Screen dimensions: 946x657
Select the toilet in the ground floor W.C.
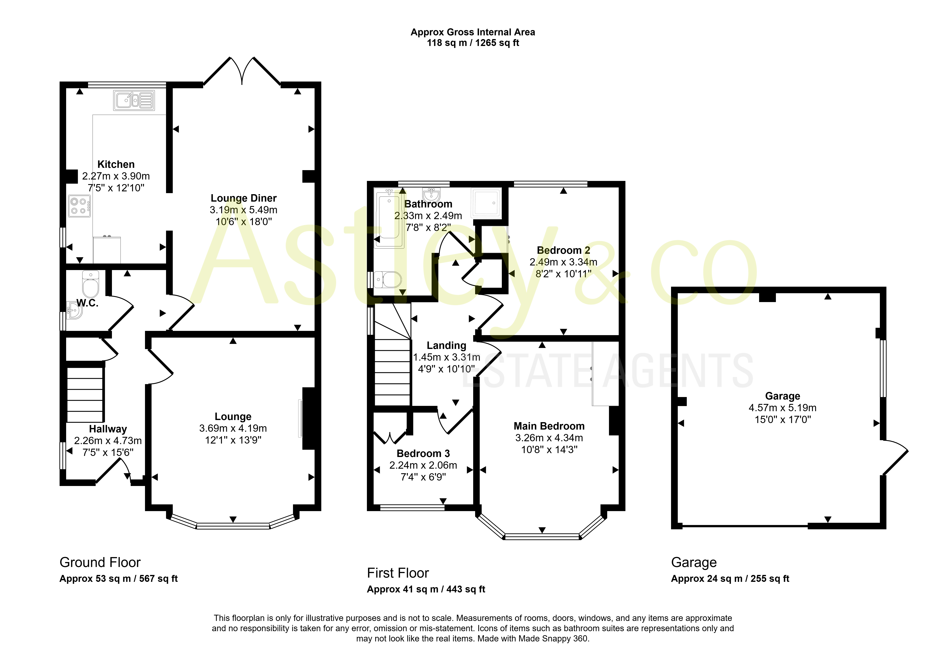pyautogui.click(x=91, y=284)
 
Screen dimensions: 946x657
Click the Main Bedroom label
pyautogui.click(x=549, y=426)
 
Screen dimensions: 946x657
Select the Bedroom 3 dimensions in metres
pyautogui.click(x=423, y=465)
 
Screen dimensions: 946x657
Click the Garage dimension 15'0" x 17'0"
pyautogui.click(x=783, y=419)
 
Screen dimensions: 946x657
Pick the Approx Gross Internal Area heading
pyautogui.click(x=473, y=32)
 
